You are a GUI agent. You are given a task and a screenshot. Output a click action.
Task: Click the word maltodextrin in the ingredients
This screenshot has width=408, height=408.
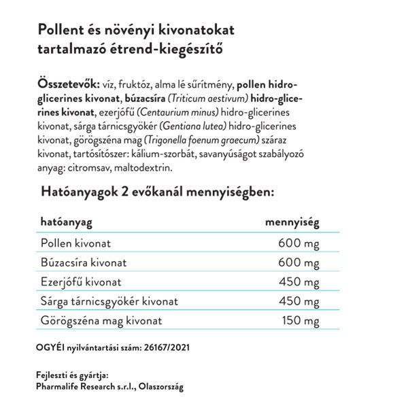tap(146, 167)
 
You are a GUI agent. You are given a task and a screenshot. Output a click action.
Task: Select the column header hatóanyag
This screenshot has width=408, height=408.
tap(67, 222)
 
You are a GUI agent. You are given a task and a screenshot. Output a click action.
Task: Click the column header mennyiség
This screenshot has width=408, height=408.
tap(292, 222)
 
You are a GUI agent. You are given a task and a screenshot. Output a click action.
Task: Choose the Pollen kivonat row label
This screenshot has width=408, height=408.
tap(76, 243)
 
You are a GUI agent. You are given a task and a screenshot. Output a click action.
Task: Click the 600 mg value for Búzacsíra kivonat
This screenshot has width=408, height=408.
tap(299, 262)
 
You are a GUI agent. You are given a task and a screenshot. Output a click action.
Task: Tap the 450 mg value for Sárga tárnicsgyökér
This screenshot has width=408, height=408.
tap(299, 301)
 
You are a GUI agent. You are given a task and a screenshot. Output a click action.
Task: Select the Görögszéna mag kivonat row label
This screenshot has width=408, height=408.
tap(102, 320)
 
